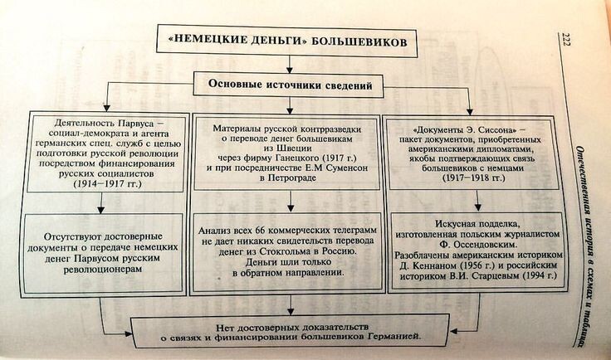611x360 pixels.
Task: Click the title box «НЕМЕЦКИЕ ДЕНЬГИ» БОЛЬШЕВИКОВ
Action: pos(287,41)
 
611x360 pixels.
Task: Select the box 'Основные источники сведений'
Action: pos(289,85)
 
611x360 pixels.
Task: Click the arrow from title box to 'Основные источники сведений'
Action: pos(288,65)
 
